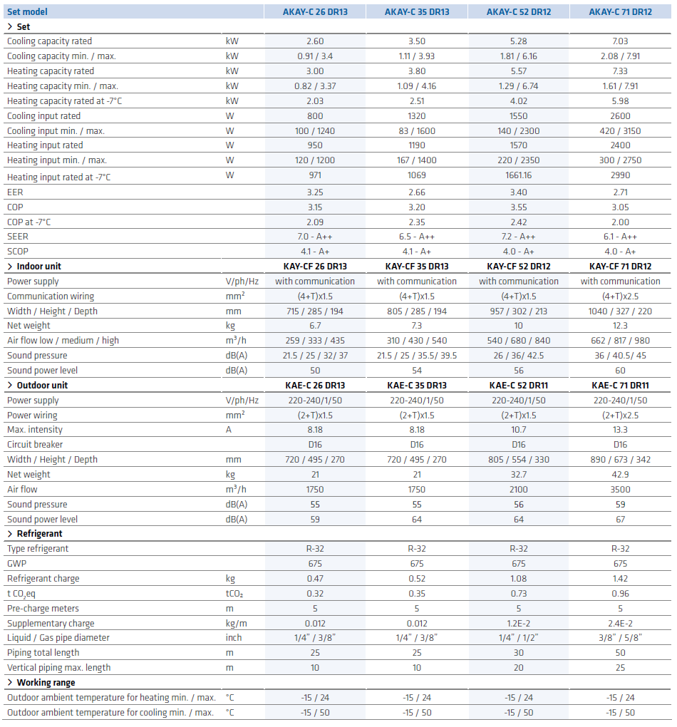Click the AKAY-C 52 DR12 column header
(518, 11)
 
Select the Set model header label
(27, 11)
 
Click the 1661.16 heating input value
(518, 175)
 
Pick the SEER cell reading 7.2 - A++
(518, 237)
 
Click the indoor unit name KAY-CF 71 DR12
(620, 267)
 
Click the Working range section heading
(46, 683)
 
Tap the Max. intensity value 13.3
(620, 430)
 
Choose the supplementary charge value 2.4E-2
(620, 624)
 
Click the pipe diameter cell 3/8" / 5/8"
(620, 638)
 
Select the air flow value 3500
(620, 490)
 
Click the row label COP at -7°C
(29, 222)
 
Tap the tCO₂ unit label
(234, 594)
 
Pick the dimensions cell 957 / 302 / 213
(518, 311)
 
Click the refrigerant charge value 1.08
(518, 579)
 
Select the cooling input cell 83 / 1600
(416, 131)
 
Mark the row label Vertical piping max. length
(59, 668)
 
